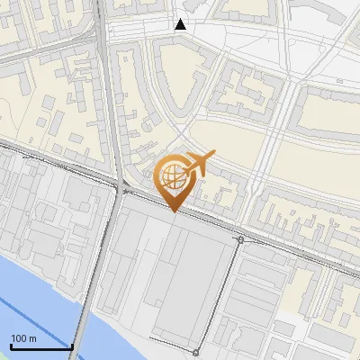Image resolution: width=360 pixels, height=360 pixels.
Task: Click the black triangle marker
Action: pos(181,24)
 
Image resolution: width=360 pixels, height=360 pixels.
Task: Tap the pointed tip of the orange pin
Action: pos(174,211)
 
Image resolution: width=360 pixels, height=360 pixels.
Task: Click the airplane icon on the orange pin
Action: pos(199,162)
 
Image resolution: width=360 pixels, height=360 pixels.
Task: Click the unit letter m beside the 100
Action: pos(32,338)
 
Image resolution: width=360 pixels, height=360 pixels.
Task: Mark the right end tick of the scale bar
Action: pos(72,346)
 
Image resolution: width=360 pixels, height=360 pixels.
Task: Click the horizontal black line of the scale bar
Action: pos(40,347)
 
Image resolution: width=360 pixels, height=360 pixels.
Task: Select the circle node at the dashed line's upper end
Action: pos(240,239)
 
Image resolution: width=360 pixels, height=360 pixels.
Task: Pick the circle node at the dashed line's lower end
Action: pos(196,351)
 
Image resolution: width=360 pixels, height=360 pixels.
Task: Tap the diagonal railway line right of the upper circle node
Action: pos(297,256)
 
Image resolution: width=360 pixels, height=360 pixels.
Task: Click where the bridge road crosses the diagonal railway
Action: pos(115,184)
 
